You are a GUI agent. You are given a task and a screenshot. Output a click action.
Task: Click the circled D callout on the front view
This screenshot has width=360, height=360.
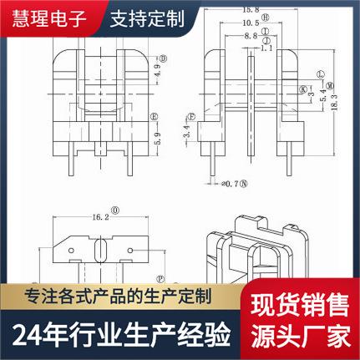click(x=163, y=58)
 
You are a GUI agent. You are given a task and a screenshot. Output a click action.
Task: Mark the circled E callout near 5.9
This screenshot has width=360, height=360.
click(x=153, y=115)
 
